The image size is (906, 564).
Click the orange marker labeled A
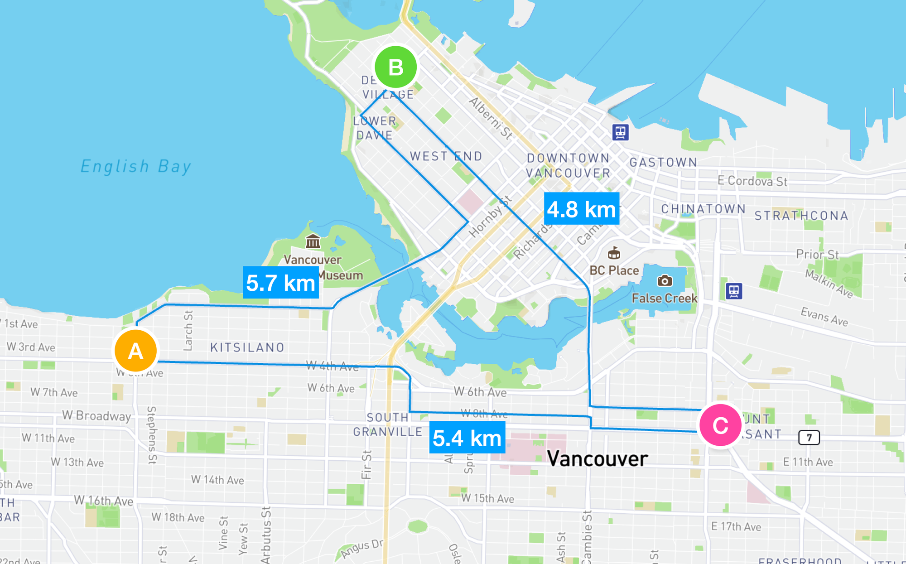[135, 351]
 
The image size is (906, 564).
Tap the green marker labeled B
[396, 67]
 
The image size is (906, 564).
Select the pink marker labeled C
[720, 425]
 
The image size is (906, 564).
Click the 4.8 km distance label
[581, 209]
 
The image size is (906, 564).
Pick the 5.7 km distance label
[280, 283]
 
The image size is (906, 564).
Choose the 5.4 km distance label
[467, 438]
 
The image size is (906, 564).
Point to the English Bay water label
[135, 166]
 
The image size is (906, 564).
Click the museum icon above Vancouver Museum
[313, 241]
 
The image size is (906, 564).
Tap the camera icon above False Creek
[665, 281]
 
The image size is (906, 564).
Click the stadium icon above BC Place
[614, 253]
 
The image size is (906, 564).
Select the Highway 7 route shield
[809, 438]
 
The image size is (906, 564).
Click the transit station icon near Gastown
[620, 133]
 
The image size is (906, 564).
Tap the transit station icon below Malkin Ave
[734, 291]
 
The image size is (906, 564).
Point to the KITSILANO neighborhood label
[247, 347]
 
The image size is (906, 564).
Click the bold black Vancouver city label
[597, 459]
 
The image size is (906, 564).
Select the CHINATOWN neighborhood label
[703, 209]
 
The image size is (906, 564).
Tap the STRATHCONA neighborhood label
[801, 216]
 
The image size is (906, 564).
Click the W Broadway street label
[96, 415]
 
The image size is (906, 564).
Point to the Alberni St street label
[491, 118]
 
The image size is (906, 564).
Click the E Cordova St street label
[752, 181]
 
